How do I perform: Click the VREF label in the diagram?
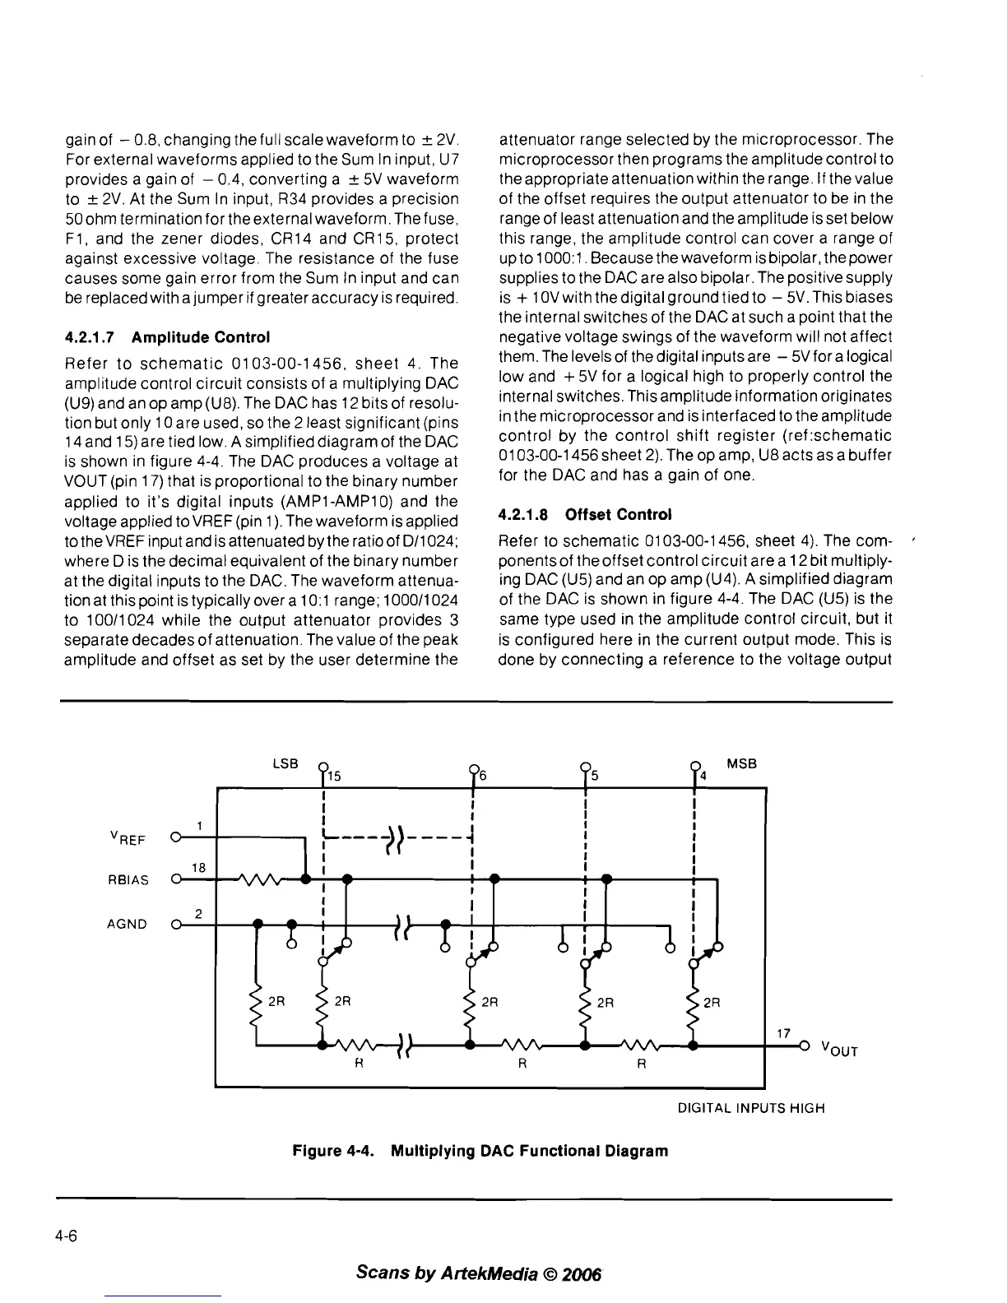[x=128, y=839]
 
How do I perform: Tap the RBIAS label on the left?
[x=128, y=880]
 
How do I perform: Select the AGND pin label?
[x=128, y=924]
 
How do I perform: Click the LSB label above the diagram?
[x=285, y=763]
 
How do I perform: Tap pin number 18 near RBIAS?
[x=198, y=867]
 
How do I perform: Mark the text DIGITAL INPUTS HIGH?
[x=751, y=1108]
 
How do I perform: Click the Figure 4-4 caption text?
[x=480, y=1151]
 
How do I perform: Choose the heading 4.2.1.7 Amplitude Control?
[x=167, y=337]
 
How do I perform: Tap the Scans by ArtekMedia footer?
[x=480, y=1273]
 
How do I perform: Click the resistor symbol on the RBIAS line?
[x=259, y=879]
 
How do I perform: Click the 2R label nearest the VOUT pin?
[x=712, y=1002]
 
